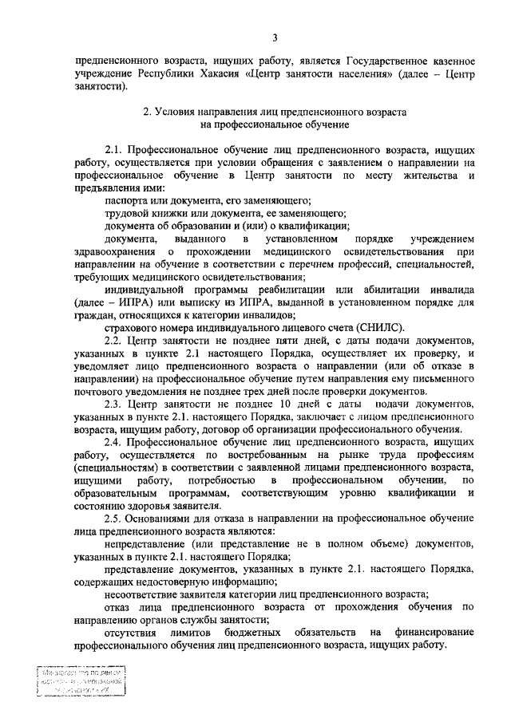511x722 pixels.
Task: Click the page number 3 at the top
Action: (274, 37)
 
